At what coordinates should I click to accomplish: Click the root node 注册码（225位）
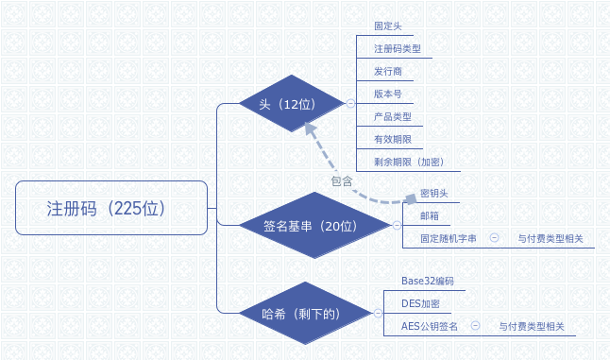(x=111, y=208)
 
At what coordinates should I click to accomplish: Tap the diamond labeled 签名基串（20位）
(x=311, y=225)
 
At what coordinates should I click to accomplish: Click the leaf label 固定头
(x=388, y=26)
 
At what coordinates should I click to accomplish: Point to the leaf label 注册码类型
(x=397, y=48)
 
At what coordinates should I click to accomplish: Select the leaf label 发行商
(x=388, y=71)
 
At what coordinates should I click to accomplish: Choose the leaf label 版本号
(x=388, y=94)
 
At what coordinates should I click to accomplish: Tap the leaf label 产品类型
(x=393, y=116)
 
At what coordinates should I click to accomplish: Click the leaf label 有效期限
(x=393, y=139)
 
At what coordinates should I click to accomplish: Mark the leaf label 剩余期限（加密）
(x=407, y=162)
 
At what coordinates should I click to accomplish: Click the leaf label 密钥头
(x=433, y=194)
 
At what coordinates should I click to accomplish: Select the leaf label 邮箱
(x=429, y=216)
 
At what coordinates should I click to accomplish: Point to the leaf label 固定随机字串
(x=448, y=239)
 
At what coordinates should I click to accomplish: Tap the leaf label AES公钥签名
(x=430, y=326)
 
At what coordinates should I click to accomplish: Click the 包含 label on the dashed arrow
(x=342, y=180)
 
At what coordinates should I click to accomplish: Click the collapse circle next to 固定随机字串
(x=494, y=239)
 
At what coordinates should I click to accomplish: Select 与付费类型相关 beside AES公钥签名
(x=532, y=326)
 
